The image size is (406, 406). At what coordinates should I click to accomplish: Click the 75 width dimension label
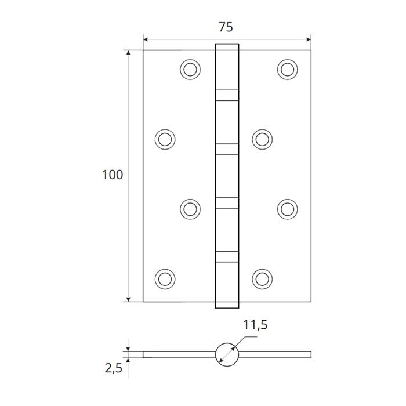tap(226, 27)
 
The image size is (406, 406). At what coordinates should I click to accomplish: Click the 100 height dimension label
tap(113, 175)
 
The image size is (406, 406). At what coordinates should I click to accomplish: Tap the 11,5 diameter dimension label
tap(255, 325)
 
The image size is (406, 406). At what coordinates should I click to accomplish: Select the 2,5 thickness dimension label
tap(113, 368)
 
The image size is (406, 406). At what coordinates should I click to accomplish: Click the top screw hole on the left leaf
tap(190, 70)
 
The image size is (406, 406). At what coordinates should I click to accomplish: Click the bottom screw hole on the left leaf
tap(165, 279)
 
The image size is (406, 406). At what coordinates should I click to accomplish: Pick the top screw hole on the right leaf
tap(288, 70)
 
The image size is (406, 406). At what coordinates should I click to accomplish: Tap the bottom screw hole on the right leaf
tap(262, 279)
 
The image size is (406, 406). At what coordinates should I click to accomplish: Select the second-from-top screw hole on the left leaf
tap(165, 139)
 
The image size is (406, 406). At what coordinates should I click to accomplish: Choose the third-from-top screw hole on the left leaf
tap(190, 209)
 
